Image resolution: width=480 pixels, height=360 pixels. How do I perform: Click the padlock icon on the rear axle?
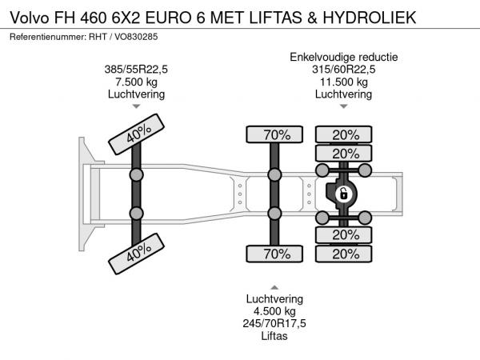[343, 194]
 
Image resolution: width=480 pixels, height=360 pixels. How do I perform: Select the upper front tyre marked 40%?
[137, 134]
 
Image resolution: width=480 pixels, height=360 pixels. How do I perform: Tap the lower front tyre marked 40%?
[137, 254]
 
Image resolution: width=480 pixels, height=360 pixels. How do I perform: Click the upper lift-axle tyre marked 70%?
[274, 134]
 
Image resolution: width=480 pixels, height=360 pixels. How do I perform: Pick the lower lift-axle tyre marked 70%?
[274, 254]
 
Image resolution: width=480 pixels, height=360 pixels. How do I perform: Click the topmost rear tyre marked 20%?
[344, 134]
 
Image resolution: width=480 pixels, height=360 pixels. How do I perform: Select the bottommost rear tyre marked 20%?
[344, 254]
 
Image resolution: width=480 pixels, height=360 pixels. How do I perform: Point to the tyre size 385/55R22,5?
[136, 69]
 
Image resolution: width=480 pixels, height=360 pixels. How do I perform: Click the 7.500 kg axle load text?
[136, 82]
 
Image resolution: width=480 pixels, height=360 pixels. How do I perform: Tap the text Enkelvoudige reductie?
[344, 57]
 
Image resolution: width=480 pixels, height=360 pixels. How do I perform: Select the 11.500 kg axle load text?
[344, 82]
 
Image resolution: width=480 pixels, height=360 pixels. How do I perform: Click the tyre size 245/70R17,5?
[274, 323]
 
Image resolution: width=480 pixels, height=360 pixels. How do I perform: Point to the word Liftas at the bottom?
[274, 336]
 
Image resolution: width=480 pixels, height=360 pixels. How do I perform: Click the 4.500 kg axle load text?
[274, 311]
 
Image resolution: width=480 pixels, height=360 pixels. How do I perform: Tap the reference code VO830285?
[136, 37]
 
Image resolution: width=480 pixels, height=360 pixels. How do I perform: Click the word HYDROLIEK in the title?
[370, 18]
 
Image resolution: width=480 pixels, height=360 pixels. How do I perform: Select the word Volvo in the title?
[30, 18]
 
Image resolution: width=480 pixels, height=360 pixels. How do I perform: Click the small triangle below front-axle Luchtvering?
[136, 106]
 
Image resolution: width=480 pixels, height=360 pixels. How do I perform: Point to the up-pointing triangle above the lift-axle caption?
[274, 287]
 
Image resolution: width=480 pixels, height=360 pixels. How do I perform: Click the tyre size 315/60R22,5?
[344, 69]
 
